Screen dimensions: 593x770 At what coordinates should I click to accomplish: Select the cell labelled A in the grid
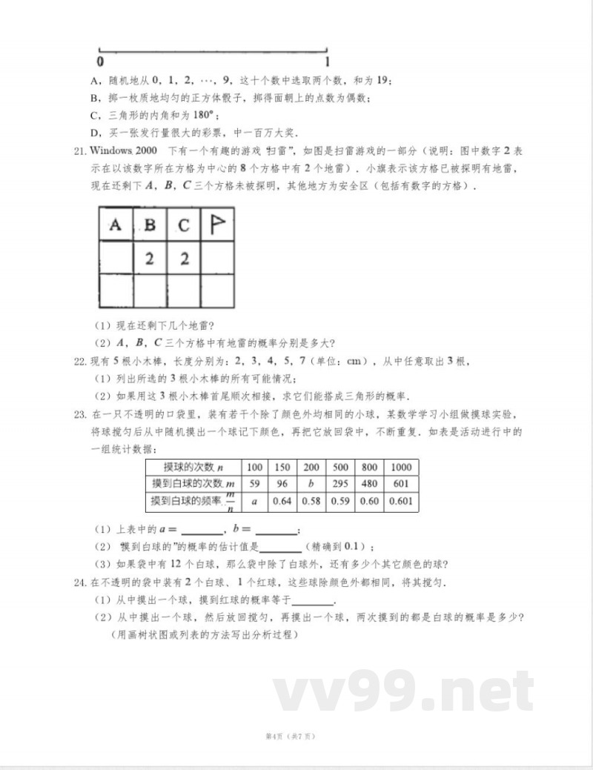click(116, 225)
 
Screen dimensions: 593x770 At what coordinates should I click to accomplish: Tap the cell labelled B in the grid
click(150, 225)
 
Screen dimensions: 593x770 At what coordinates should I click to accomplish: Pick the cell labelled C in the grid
click(184, 225)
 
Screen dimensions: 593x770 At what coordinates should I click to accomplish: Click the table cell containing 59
click(255, 484)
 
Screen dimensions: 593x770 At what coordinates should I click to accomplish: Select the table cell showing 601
click(400, 484)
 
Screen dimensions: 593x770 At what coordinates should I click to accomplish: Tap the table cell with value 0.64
click(282, 502)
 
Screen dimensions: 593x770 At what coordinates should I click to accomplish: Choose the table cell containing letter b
click(311, 484)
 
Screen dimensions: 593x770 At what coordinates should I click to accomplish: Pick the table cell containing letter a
click(255, 502)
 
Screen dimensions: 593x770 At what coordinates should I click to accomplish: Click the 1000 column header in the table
click(400, 467)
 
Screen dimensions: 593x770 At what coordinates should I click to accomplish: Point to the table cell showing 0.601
click(400, 502)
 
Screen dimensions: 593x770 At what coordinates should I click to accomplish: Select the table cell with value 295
click(340, 484)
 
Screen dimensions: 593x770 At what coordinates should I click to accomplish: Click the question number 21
click(81, 151)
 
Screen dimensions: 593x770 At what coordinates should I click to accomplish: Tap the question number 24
click(81, 583)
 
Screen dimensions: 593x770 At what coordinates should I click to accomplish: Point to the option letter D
click(95, 133)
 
